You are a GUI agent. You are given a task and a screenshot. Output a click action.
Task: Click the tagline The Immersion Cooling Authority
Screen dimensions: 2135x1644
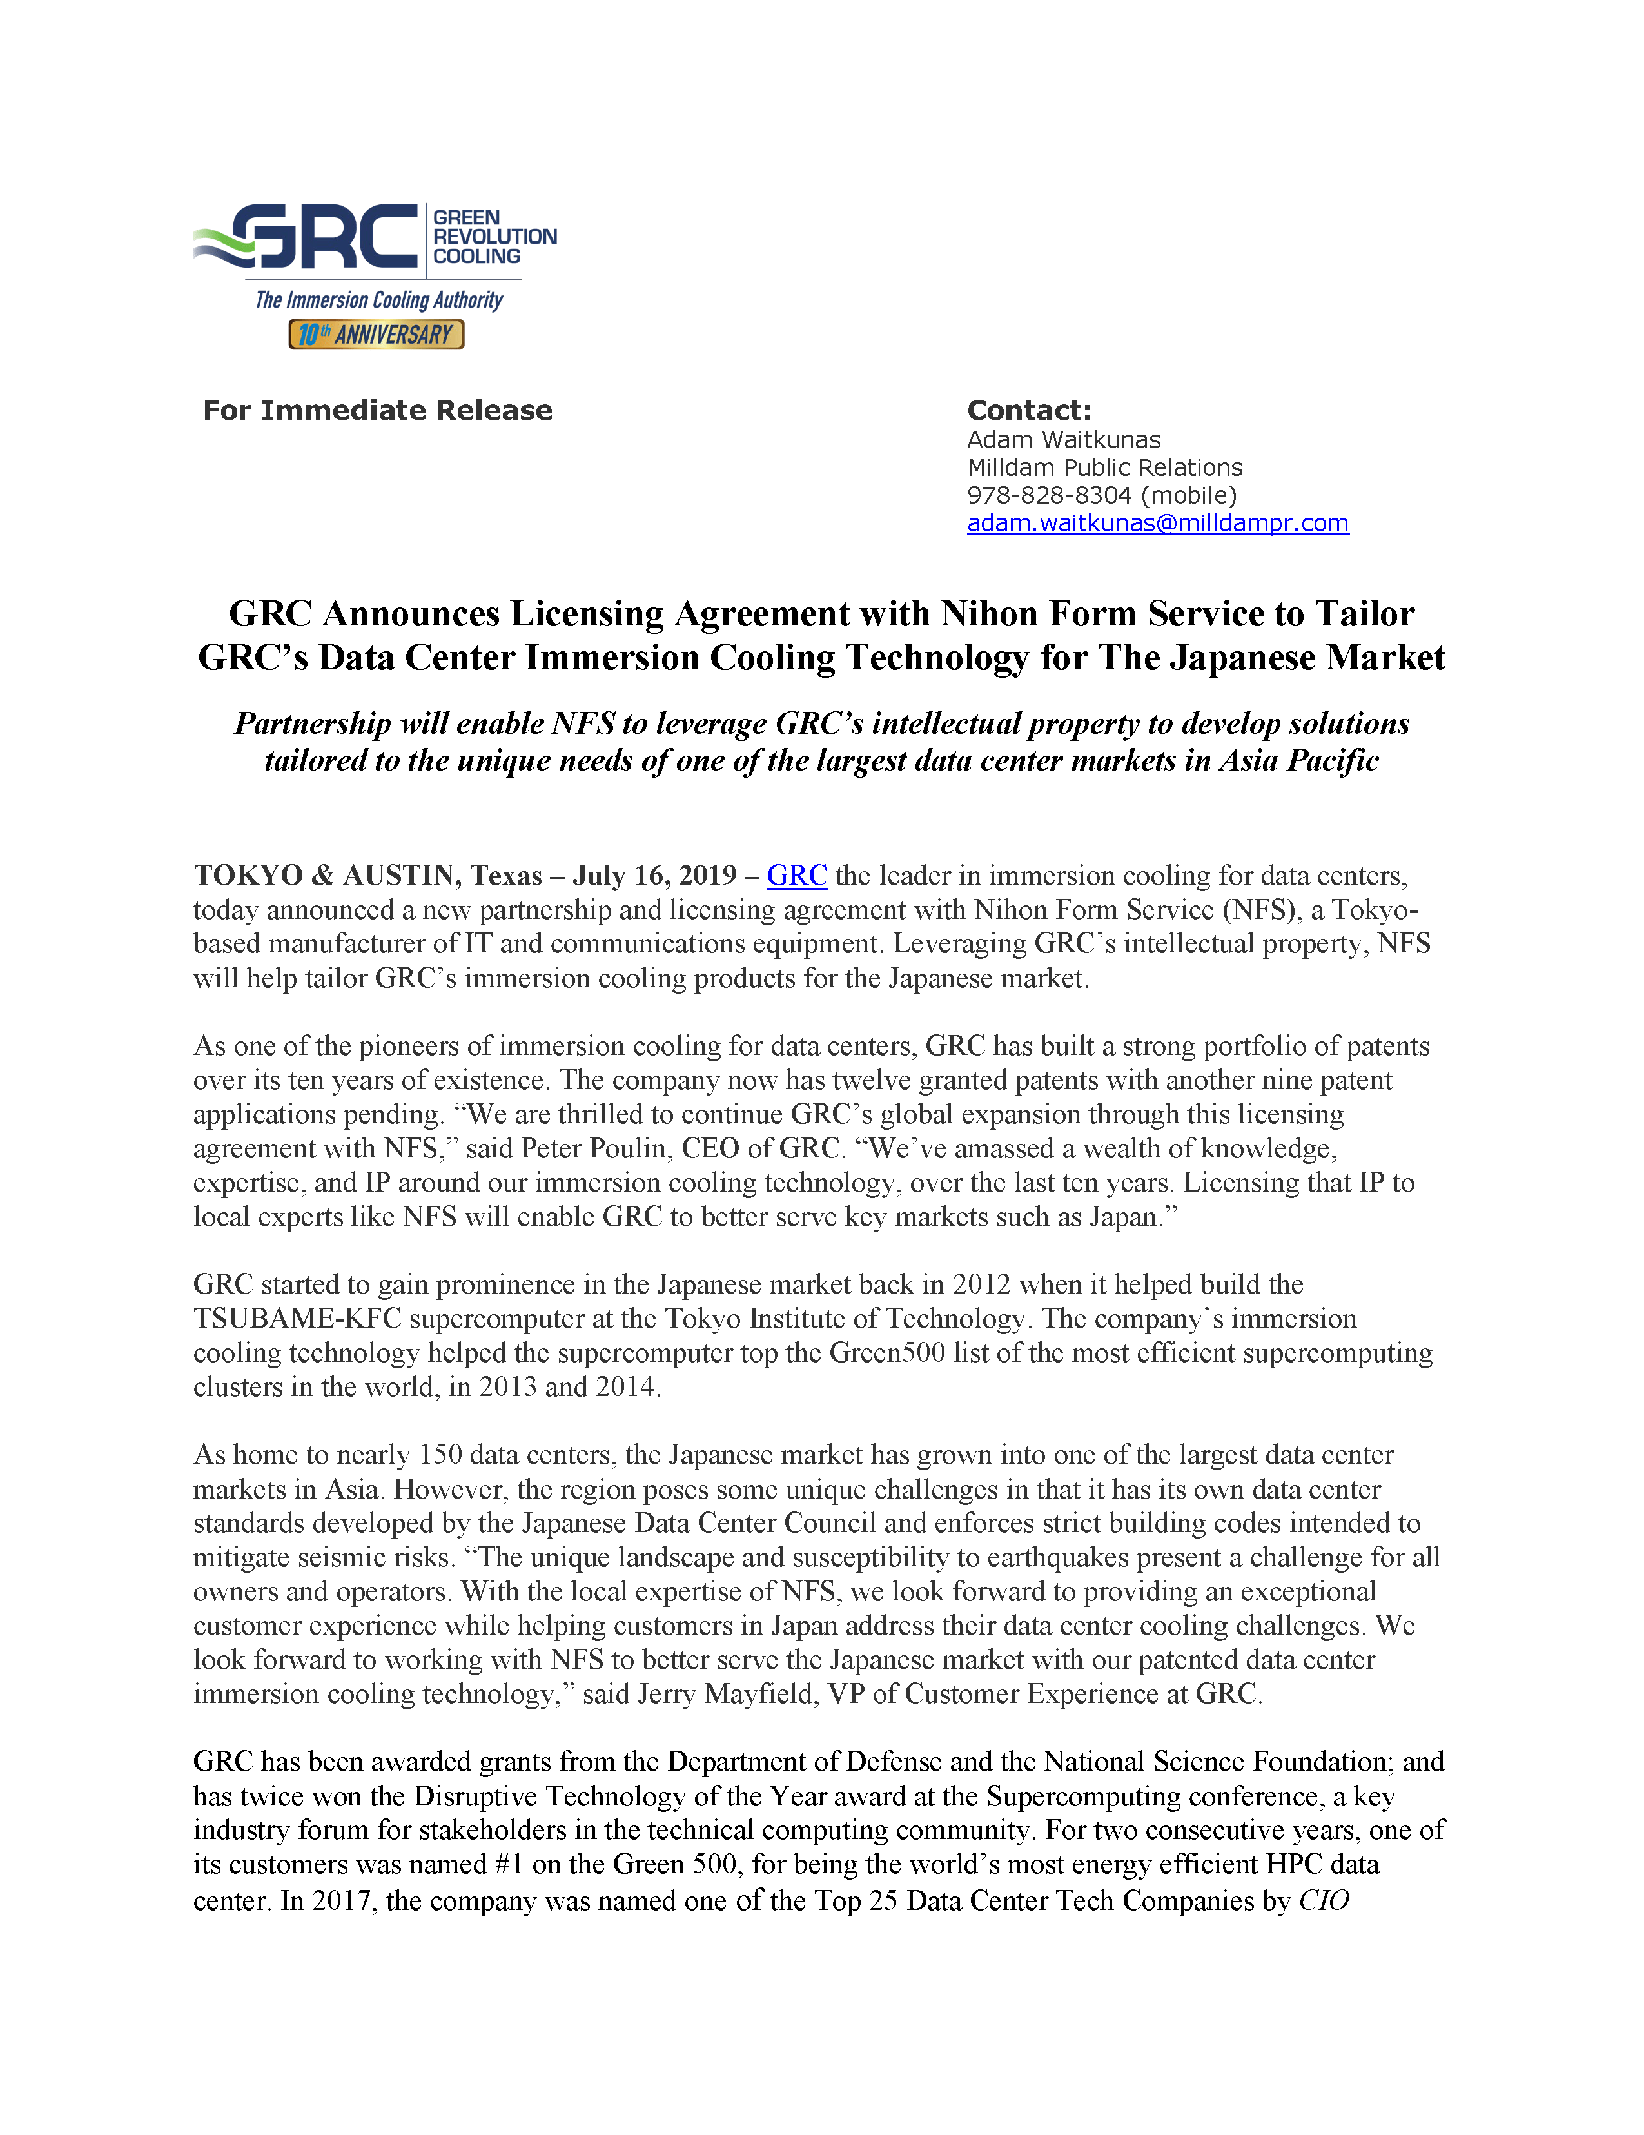coord(379,300)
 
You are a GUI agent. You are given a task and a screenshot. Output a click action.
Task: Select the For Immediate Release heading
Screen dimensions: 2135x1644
coord(377,411)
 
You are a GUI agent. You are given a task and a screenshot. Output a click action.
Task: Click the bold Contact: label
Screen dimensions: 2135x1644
coord(1028,411)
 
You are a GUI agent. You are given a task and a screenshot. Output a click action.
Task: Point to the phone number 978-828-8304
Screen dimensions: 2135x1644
coord(1049,496)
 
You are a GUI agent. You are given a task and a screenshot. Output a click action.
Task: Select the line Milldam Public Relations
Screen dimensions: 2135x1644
coord(1104,467)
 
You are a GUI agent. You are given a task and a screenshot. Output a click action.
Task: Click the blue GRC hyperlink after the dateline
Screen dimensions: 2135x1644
coord(797,875)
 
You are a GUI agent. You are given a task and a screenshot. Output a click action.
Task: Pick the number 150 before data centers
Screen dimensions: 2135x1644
coord(440,1455)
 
